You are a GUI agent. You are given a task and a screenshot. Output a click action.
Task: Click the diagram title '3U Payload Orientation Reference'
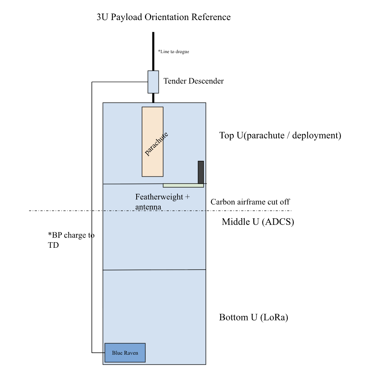pos(163,17)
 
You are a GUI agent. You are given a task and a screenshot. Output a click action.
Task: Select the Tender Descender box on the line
pos(153,82)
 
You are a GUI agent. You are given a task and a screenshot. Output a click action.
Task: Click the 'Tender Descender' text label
pos(194,81)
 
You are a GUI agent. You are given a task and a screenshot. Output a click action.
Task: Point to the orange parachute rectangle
pos(152,141)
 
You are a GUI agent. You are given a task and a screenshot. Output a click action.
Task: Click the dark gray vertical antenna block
pos(201,172)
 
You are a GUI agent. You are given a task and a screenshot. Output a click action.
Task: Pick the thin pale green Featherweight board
pos(183,185)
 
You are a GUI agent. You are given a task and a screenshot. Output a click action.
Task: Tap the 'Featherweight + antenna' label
pos(162,201)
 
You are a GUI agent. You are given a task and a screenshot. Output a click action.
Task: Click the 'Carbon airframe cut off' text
pos(250,202)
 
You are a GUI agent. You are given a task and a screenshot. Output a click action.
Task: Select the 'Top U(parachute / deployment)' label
pos(280,136)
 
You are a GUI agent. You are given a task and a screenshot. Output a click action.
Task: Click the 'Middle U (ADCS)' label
pos(258,222)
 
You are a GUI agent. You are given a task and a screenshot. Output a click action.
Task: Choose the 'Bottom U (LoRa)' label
pos(254,318)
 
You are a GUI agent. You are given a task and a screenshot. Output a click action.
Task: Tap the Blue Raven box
pos(124,353)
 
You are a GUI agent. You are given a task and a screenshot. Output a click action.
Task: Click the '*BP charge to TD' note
pos(70,239)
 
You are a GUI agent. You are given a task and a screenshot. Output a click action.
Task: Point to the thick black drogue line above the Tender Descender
pos(153,51)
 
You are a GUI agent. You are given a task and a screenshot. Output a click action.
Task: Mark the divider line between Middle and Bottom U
pos(154,270)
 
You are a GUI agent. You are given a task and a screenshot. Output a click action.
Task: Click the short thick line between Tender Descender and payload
pos(153,98)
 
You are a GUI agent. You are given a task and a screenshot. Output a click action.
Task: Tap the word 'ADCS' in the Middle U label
pos(280,222)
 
